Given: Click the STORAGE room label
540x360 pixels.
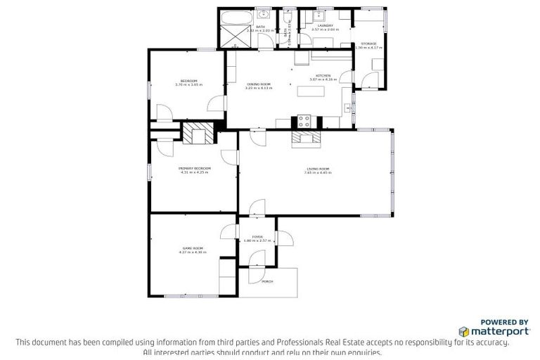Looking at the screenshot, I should click(369, 43).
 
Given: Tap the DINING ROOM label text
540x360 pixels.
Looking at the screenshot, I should click(258, 84).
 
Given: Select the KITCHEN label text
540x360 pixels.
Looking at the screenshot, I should click(323, 75).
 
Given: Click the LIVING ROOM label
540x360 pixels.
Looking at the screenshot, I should click(318, 169).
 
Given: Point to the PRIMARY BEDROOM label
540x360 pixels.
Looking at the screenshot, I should click(194, 169).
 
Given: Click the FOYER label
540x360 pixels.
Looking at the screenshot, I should click(258, 238).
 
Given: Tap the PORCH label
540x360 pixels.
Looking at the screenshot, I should click(266, 281).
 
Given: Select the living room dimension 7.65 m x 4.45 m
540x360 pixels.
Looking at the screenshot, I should click(318, 173).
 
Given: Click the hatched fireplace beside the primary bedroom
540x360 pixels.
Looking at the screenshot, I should click(198, 132).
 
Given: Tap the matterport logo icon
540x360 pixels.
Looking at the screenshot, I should click(464, 330).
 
